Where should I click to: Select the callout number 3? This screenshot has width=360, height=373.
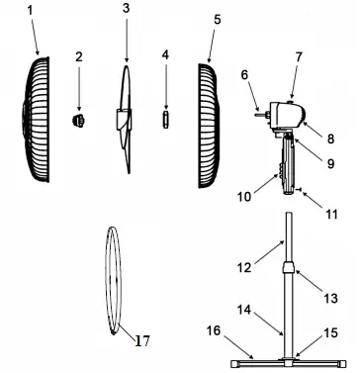pyautogui.click(x=126, y=9)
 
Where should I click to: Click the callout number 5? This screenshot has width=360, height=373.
pyautogui.click(x=217, y=19)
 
